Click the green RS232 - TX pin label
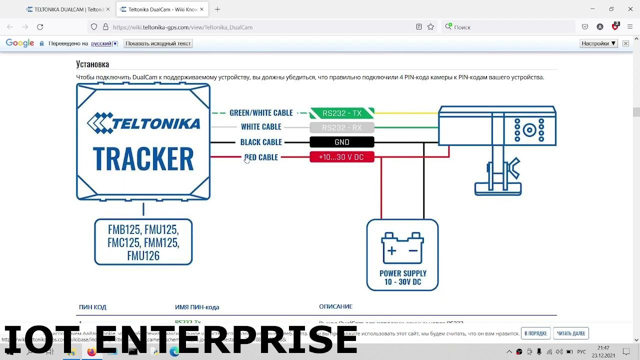pyautogui.click(x=342, y=113)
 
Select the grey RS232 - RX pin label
pyautogui.click(x=342, y=127)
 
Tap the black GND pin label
pyautogui.click(x=342, y=142)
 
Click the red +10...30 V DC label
pyautogui.click(x=342, y=157)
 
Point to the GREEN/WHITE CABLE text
pyautogui.click(x=261, y=113)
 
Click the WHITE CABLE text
pyautogui.click(x=261, y=127)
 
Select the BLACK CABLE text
pyautogui.click(x=261, y=142)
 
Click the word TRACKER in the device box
pyautogui.click(x=143, y=159)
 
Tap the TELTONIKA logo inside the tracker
pyautogui.click(x=143, y=123)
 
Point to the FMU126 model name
pyautogui.click(x=143, y=256)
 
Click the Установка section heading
pyautogui.click(x=92, y=64)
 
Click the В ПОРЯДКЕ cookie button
pyautogui.click(x=535, y=333)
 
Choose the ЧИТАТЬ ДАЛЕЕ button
pyautogui.click(x=570, y=333)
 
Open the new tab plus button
pyautogui.click(x=217, y=9)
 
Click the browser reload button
pyautogui.click(x=40, y=27)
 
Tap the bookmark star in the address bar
pyautogui.click(x=430, y=27)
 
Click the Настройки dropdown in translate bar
pyautogui.click(x=598, y=43)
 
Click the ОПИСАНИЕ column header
pyautogui.click(x=335, y=306)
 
